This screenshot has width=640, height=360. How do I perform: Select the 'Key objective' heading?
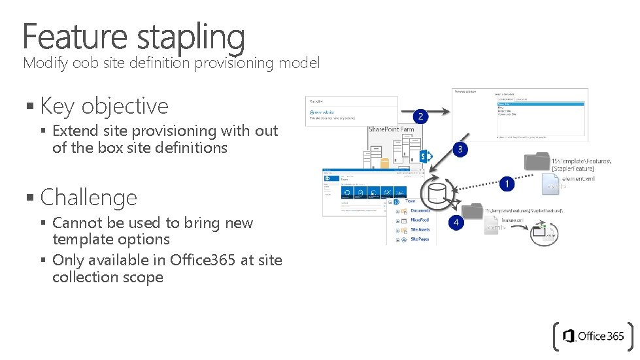104,106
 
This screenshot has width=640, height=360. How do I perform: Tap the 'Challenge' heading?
89,197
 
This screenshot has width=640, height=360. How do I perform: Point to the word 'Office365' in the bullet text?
199,260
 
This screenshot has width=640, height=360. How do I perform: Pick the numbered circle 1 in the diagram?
506,184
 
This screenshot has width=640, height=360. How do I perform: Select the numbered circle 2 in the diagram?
421,116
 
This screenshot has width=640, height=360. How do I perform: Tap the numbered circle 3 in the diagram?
460,149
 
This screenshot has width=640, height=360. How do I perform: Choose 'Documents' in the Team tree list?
420,211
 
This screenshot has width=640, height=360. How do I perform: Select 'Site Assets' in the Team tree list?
420,230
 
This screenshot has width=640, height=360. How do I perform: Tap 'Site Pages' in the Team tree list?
420,240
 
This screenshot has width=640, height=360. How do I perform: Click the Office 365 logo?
594,336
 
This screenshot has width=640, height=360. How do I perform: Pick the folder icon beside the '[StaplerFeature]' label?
537,161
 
